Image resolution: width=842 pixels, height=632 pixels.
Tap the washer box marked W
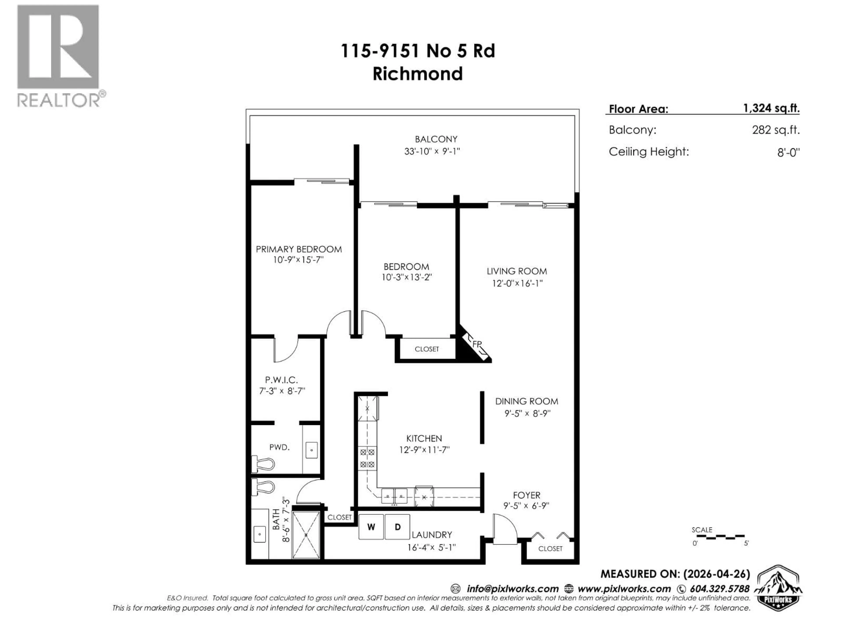371,527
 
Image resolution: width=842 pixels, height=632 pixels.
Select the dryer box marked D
397,527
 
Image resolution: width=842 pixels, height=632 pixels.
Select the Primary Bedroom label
299,249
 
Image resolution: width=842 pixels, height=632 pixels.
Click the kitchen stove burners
367,458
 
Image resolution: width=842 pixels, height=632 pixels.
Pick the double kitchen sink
394,496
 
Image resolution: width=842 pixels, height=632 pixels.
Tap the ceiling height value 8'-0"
788,152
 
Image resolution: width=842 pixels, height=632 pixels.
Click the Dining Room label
526,401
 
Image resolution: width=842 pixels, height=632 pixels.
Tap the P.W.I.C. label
281,380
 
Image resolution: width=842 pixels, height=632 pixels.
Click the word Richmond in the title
417,74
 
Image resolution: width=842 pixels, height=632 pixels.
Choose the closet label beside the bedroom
427,349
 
